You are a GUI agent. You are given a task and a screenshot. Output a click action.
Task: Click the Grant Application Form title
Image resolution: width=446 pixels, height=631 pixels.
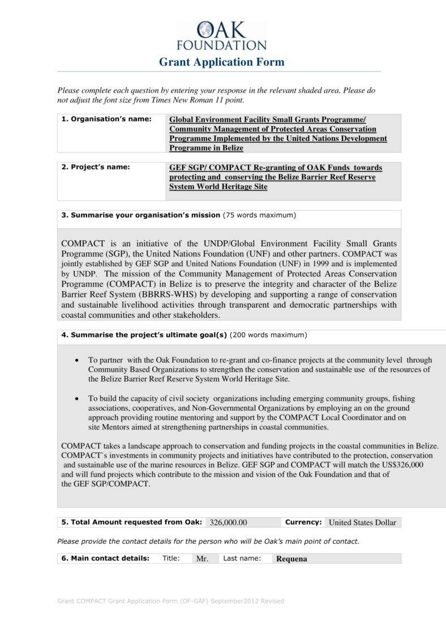pyautogui.click(x=221, y=62)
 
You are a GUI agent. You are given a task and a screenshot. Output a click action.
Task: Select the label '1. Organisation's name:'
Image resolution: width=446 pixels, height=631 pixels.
pyautogui.click(x=106, y=120)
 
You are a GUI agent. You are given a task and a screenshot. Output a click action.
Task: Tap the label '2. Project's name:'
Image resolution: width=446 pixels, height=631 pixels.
pyautogui.click(x=96, y=167)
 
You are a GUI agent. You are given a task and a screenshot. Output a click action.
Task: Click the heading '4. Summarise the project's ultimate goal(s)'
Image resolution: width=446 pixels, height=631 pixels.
pyautogui.click(x=144, y=335)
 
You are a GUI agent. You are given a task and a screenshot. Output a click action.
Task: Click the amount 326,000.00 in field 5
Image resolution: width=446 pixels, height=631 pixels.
pyautogui.click(x=228, y=522)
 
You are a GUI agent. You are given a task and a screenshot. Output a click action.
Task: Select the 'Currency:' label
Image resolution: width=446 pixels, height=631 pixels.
pyautogui.click(x=303, y=522)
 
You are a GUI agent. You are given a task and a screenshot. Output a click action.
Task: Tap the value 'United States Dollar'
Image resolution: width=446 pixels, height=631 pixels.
pyautogui.click(x=362, y=522)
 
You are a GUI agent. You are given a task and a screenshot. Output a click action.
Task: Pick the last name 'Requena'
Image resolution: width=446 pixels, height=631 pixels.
pyautogui.click(x=291, y=558)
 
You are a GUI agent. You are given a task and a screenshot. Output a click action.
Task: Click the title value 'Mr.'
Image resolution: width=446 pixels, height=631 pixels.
pyautogui.click(x=202, y=558)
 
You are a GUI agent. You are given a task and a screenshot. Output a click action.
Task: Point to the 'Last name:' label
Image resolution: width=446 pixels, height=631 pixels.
pyautogui.click(x=242, y=558)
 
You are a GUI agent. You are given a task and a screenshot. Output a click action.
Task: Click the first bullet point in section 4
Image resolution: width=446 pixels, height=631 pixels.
pyautogui.click(x=77, y=360)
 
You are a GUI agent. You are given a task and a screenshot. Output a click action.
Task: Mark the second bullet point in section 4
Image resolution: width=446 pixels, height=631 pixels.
pyautogui.click(x=77, y=399)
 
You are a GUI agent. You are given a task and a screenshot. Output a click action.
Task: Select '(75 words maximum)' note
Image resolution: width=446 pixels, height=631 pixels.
pyautogui.click(x=259, y=215)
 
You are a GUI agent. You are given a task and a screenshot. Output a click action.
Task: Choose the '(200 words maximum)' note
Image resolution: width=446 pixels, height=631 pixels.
pyautogui.click(x=268, y=335)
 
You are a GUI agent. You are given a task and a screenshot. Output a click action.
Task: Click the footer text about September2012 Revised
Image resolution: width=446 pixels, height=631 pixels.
pyautogui.click(x=171, y=601)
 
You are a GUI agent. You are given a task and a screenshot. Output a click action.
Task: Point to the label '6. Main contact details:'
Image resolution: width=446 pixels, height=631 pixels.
pyautogui.click(x=105, y=558)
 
